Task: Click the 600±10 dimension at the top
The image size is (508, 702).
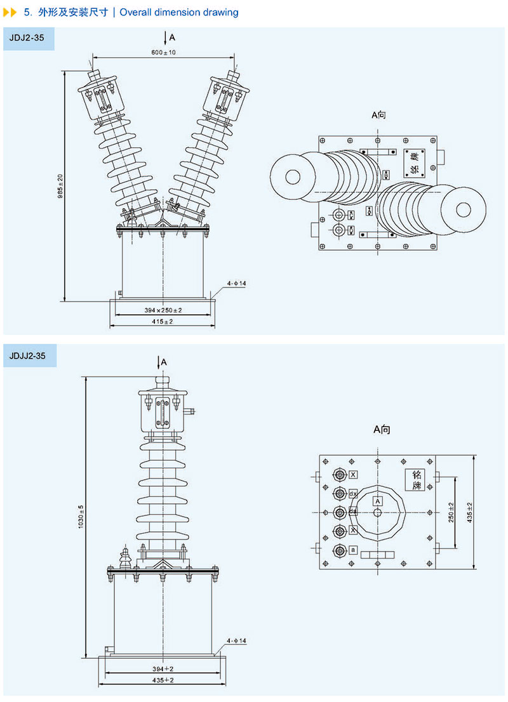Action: [x=164, y=52]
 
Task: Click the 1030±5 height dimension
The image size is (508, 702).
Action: [x=81, y=517]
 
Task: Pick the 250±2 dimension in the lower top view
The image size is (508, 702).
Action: [x=451, y=513]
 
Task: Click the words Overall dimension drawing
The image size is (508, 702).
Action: [x=179, y=12]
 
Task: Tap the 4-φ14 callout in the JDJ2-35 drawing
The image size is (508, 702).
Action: [x=236, y=283]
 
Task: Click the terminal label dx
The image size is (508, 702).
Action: [x=353, y=493]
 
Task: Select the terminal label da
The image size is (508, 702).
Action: [x=353, y=512]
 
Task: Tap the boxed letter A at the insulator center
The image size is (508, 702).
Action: [x=378, y=501]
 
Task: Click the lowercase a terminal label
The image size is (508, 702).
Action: [x=353, y=549]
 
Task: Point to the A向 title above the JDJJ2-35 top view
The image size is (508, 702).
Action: [x=382, y=430]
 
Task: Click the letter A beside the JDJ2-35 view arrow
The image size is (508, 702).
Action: [x=172, y=37]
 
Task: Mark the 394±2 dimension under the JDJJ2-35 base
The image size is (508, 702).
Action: [x=164, y=670]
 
